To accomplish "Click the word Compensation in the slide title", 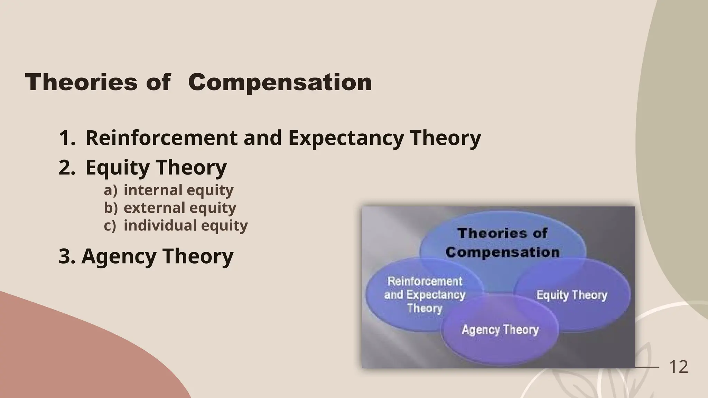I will click(x=280, y=83).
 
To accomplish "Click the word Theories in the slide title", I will click(x=81, y=83).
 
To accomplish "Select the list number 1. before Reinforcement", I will click(x=67, y=138).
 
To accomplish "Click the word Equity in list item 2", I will click(x=118, y=168).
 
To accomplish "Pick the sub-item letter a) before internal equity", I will click(x=111, y=190).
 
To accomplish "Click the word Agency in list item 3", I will click(x=119, y=256).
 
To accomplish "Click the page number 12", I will click(x=678, y=367).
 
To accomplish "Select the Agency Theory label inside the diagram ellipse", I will click(x=500, y=330).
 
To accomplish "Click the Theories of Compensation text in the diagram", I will click(x=502, y=243).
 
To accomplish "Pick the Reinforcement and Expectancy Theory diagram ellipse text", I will click(x=425, y=295).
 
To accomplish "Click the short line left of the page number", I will click(x=648, y=367).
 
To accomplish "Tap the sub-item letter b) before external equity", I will click(x=111, y=208).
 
